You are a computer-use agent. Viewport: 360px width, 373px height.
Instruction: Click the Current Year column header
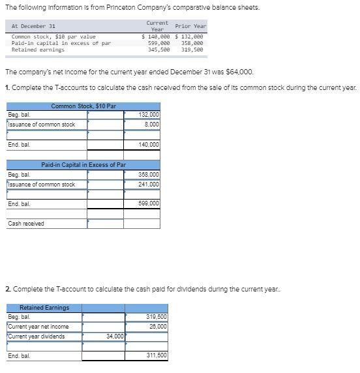pos(157,25)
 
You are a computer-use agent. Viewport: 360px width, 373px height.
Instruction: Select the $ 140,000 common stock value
pos(157,37)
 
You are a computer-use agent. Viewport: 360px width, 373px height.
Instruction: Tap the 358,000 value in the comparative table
pos(191,43)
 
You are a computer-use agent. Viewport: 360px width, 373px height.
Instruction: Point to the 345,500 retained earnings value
pos(159,50)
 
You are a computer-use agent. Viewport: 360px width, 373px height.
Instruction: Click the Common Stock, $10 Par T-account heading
pos(83,106)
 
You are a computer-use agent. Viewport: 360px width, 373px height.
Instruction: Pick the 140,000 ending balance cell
pos(149,144)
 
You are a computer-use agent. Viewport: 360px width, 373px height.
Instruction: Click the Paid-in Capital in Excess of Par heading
pos(83,165)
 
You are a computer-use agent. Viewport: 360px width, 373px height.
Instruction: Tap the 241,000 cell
pos(149,184)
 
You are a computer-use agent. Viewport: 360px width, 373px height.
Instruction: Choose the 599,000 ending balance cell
pos(149,203)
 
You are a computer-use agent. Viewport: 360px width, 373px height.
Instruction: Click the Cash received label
pos(26,224)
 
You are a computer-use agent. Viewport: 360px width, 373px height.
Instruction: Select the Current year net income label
pos(38,326)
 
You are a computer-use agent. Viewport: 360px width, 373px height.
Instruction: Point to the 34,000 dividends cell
pos(114,336)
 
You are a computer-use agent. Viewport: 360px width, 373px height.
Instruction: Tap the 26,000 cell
pos(157,326)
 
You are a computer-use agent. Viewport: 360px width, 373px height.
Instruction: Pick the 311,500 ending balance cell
pos(157,355)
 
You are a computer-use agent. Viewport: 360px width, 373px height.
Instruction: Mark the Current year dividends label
pos(37,336)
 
